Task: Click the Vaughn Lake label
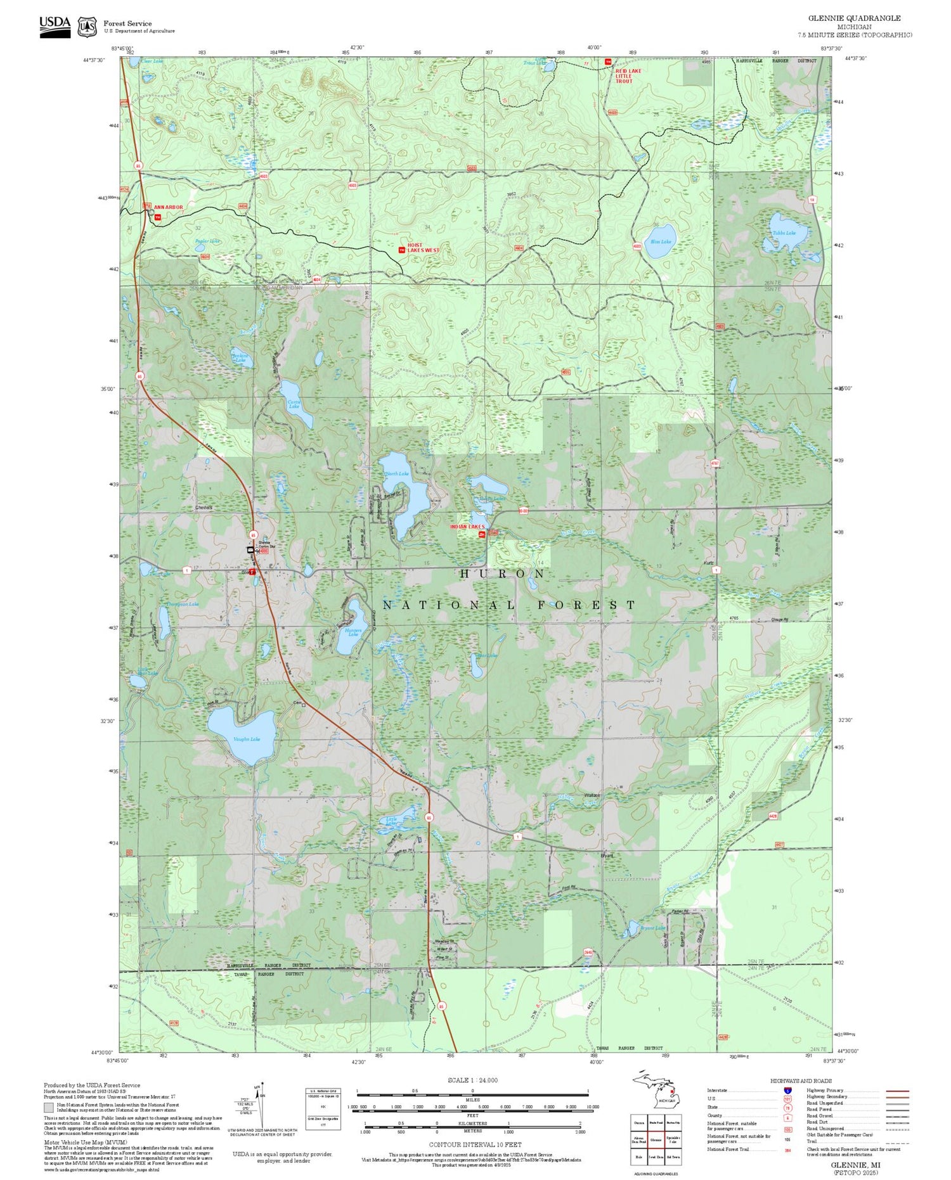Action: (x=246, y=739)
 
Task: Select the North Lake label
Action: (x=397, y=473)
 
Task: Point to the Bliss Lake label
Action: (x=660, y=241)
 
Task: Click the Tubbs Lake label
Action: (x=784, y=233)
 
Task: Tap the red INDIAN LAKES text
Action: (x=467, y=527)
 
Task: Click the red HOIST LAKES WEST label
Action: (x=423, y=248)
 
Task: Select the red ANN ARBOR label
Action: (x=168, y=207)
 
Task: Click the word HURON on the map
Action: (x=502, y=574)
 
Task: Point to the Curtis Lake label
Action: (x=294, y=404)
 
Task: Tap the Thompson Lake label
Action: (x=183, y=604)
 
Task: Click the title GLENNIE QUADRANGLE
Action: (x=854, y=18)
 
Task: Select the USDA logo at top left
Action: (x=55, y=26)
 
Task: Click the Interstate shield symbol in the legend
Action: (x=787, y=1090)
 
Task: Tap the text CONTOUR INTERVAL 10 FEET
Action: (x=475, y=1145)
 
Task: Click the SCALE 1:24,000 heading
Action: (x=472, y=1081)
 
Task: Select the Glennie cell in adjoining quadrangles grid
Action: (x=656, y=1140)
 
